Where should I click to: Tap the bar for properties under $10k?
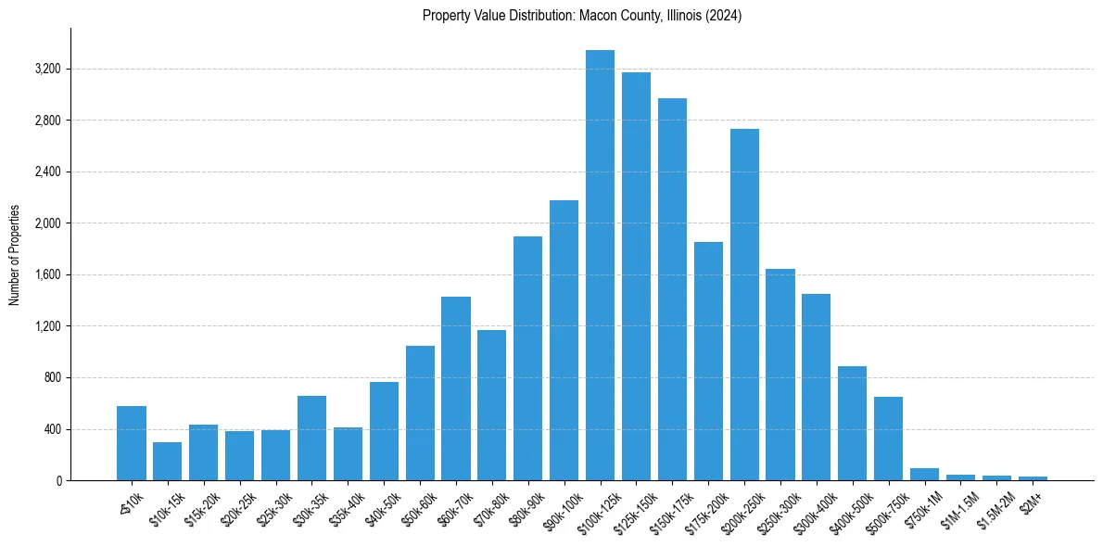tap(132, 443)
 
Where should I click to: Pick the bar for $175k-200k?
tap(708, 361)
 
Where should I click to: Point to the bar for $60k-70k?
tap(456, 388)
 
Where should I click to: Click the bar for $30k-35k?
tap(311, 438)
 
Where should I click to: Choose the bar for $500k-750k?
tap(888, 439)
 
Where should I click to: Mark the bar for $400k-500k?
tap(852, 423)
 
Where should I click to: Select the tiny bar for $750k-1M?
tap(924, 475)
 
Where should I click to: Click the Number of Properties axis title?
tap(14, 254)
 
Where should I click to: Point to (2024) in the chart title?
tap(722, 16)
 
